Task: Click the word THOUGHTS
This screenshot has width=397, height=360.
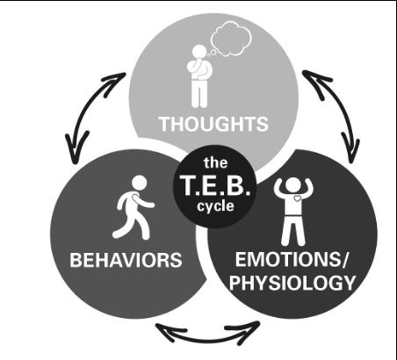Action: [213, 124]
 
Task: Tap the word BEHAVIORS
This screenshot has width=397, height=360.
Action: [126, 260]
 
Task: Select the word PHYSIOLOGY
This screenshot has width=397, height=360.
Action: [292, 283]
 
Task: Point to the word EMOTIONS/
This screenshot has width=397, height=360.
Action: [291, 259]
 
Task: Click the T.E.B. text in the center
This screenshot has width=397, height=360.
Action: [216, 185]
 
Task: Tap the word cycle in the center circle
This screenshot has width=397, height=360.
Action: [215, 206]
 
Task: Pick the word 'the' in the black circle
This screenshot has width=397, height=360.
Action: [216, 162]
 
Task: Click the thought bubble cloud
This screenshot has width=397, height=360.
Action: [231, 40]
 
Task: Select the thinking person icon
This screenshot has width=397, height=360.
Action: [201, 76]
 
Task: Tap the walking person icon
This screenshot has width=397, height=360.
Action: [134, 208]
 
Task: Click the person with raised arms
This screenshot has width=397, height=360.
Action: [293, 212]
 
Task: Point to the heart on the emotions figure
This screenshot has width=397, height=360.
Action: [297, 198]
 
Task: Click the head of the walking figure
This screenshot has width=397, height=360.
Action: [139, 183]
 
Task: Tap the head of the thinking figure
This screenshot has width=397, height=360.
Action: [200, 53]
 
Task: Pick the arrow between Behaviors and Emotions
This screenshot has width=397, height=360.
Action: [208, 338]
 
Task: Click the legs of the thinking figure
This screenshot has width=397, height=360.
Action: [199, 94]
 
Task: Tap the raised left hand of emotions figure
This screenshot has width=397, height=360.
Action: [278, 186]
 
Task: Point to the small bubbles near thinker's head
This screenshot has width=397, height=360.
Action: [212, 53]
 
